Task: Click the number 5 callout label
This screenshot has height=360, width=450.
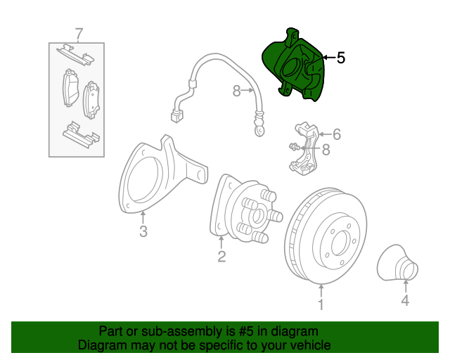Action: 340,58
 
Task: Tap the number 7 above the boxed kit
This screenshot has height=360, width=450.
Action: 79,34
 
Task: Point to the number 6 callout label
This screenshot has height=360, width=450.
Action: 336,134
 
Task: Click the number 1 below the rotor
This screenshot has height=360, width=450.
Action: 321,304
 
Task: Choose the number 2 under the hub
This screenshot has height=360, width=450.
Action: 221,257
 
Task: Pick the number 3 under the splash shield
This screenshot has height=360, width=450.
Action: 143,231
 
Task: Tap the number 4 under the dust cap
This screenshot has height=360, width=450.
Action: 405,300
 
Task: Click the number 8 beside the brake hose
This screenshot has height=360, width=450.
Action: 236,91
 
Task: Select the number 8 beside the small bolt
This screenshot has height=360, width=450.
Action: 326,150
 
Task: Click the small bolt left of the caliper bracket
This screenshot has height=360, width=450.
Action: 295,147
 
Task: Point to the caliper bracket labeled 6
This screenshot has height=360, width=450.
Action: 304,149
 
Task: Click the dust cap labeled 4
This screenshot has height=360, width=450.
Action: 397,263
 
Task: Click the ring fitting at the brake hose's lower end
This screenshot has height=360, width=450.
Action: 259,131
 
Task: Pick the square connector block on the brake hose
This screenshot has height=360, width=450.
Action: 176,117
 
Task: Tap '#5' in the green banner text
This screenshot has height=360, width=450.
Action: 245,331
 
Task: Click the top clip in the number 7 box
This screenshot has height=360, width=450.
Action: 75,55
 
